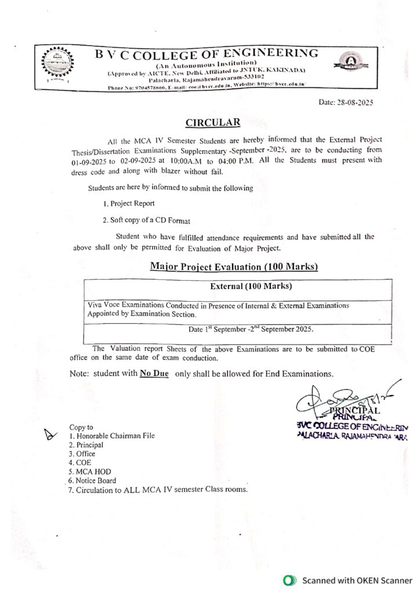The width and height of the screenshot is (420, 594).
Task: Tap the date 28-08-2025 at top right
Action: click(x=346, y=102)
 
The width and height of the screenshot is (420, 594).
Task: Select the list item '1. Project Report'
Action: click(x=128, y=204)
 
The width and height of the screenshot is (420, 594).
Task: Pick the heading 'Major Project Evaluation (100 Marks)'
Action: click(x=234, y=267)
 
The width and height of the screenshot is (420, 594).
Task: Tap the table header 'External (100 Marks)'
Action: click(x=251, y=287)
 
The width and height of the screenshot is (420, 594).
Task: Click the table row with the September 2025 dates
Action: click(x=251, y=329)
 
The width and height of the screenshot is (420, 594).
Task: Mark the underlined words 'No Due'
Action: click(x=154, y=374)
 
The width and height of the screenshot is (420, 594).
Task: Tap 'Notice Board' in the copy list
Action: click(x=95, y=480)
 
